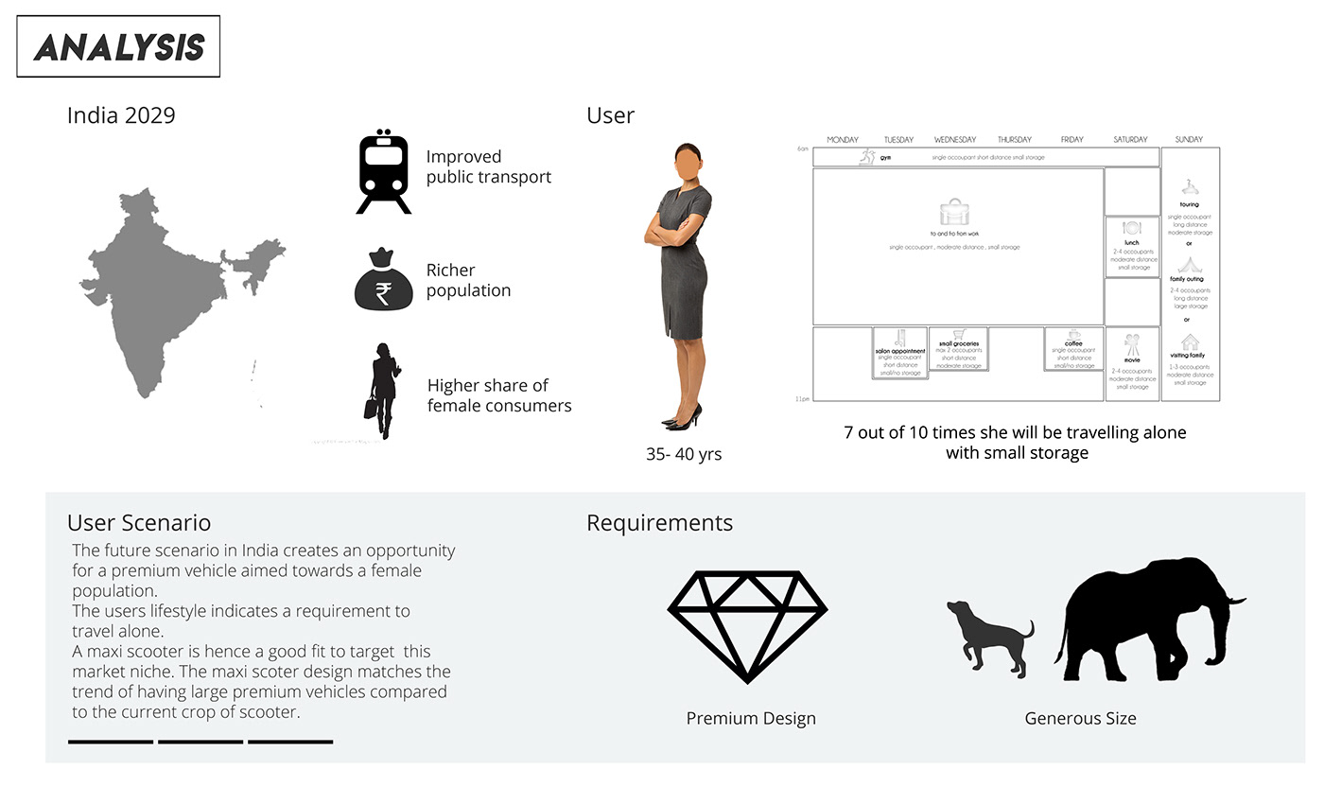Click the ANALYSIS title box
[118, 46]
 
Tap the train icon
[383, 172]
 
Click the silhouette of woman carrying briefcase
[383, 390]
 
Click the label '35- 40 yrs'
[684, 454]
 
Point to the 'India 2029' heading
[121, 115]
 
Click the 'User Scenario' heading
[139, 522]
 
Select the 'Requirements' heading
[659, 522]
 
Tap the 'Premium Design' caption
[751, 718]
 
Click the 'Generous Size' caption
[1080, 718]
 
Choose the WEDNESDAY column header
[955, 140]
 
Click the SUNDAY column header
[1189, 140]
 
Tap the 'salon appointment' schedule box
[899, 353]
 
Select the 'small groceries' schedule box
[958, 349]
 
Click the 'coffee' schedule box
[1073, 349]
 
